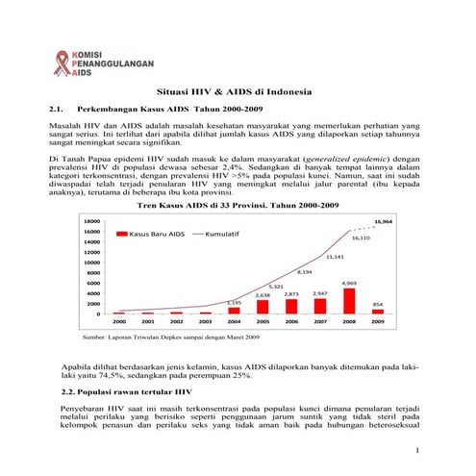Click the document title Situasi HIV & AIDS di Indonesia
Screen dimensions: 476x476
pyautogui.click(x=234, y=91)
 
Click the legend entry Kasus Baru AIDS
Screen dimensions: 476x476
pyautogui.click(x=150, y=234)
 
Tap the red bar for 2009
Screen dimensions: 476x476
pyautogui.click(x=378, y=312)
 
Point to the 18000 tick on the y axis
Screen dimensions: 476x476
pyautogui.click(x=93, y=221)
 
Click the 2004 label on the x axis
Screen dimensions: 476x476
pyautogui.click(x=234, y=322)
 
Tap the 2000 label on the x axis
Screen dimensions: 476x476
pyautogui.click(x=119, y=322)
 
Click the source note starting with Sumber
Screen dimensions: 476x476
pyautogui.click(x=158, y=338)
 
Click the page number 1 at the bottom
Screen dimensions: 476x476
pyautogui.click(x=415, y=450)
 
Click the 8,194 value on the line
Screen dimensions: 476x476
pyautogui.click(x=306, y=272)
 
